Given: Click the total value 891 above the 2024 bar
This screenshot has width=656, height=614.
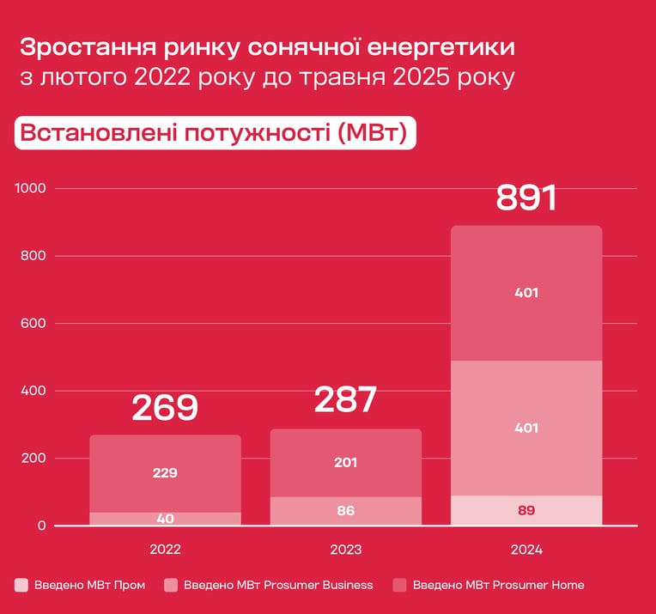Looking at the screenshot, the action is click(526, 198).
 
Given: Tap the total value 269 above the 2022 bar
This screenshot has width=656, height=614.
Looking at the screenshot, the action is click(165, 408).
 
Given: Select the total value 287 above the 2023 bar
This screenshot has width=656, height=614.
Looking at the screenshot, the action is click(345, 399).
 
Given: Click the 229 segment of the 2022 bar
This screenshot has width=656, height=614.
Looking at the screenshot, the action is click(165, 473).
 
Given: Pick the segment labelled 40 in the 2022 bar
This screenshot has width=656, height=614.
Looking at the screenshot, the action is click(165, 519).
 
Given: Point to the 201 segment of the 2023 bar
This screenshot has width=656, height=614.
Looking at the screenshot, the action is click(345, 463).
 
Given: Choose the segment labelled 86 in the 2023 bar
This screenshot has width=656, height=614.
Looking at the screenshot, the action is click(345, 511).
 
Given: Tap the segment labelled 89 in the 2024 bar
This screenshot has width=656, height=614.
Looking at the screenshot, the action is click(526, 511).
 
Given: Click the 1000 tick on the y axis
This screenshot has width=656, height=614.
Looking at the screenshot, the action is click(31, 188).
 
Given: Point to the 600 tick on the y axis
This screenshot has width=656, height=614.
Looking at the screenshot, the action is click(33, 323).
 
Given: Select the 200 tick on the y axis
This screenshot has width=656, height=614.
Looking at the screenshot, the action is click(33, 458).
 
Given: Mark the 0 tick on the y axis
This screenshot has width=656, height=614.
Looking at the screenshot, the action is click(42, 526).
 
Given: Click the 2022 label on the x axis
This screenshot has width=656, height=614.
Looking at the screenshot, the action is click(165, 550).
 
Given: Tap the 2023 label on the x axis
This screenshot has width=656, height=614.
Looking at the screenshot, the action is click(345, 550).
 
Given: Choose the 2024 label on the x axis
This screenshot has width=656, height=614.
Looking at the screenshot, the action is click(526, 550).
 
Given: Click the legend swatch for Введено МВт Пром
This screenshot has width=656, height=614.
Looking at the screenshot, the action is click(21, 585).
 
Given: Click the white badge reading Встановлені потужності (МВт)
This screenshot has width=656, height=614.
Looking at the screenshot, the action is click(215, 133).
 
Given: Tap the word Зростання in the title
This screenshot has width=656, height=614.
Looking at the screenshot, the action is click(87, 48).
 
